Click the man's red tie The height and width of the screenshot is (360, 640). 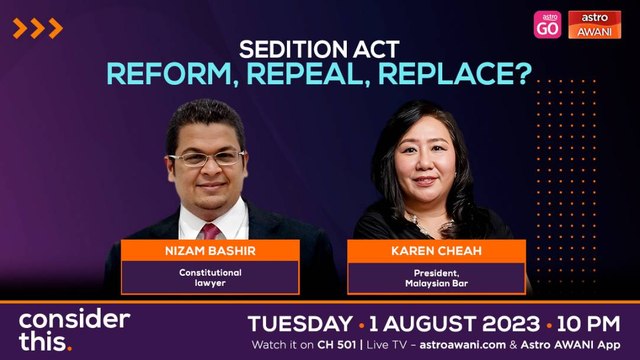tap(213, 231)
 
